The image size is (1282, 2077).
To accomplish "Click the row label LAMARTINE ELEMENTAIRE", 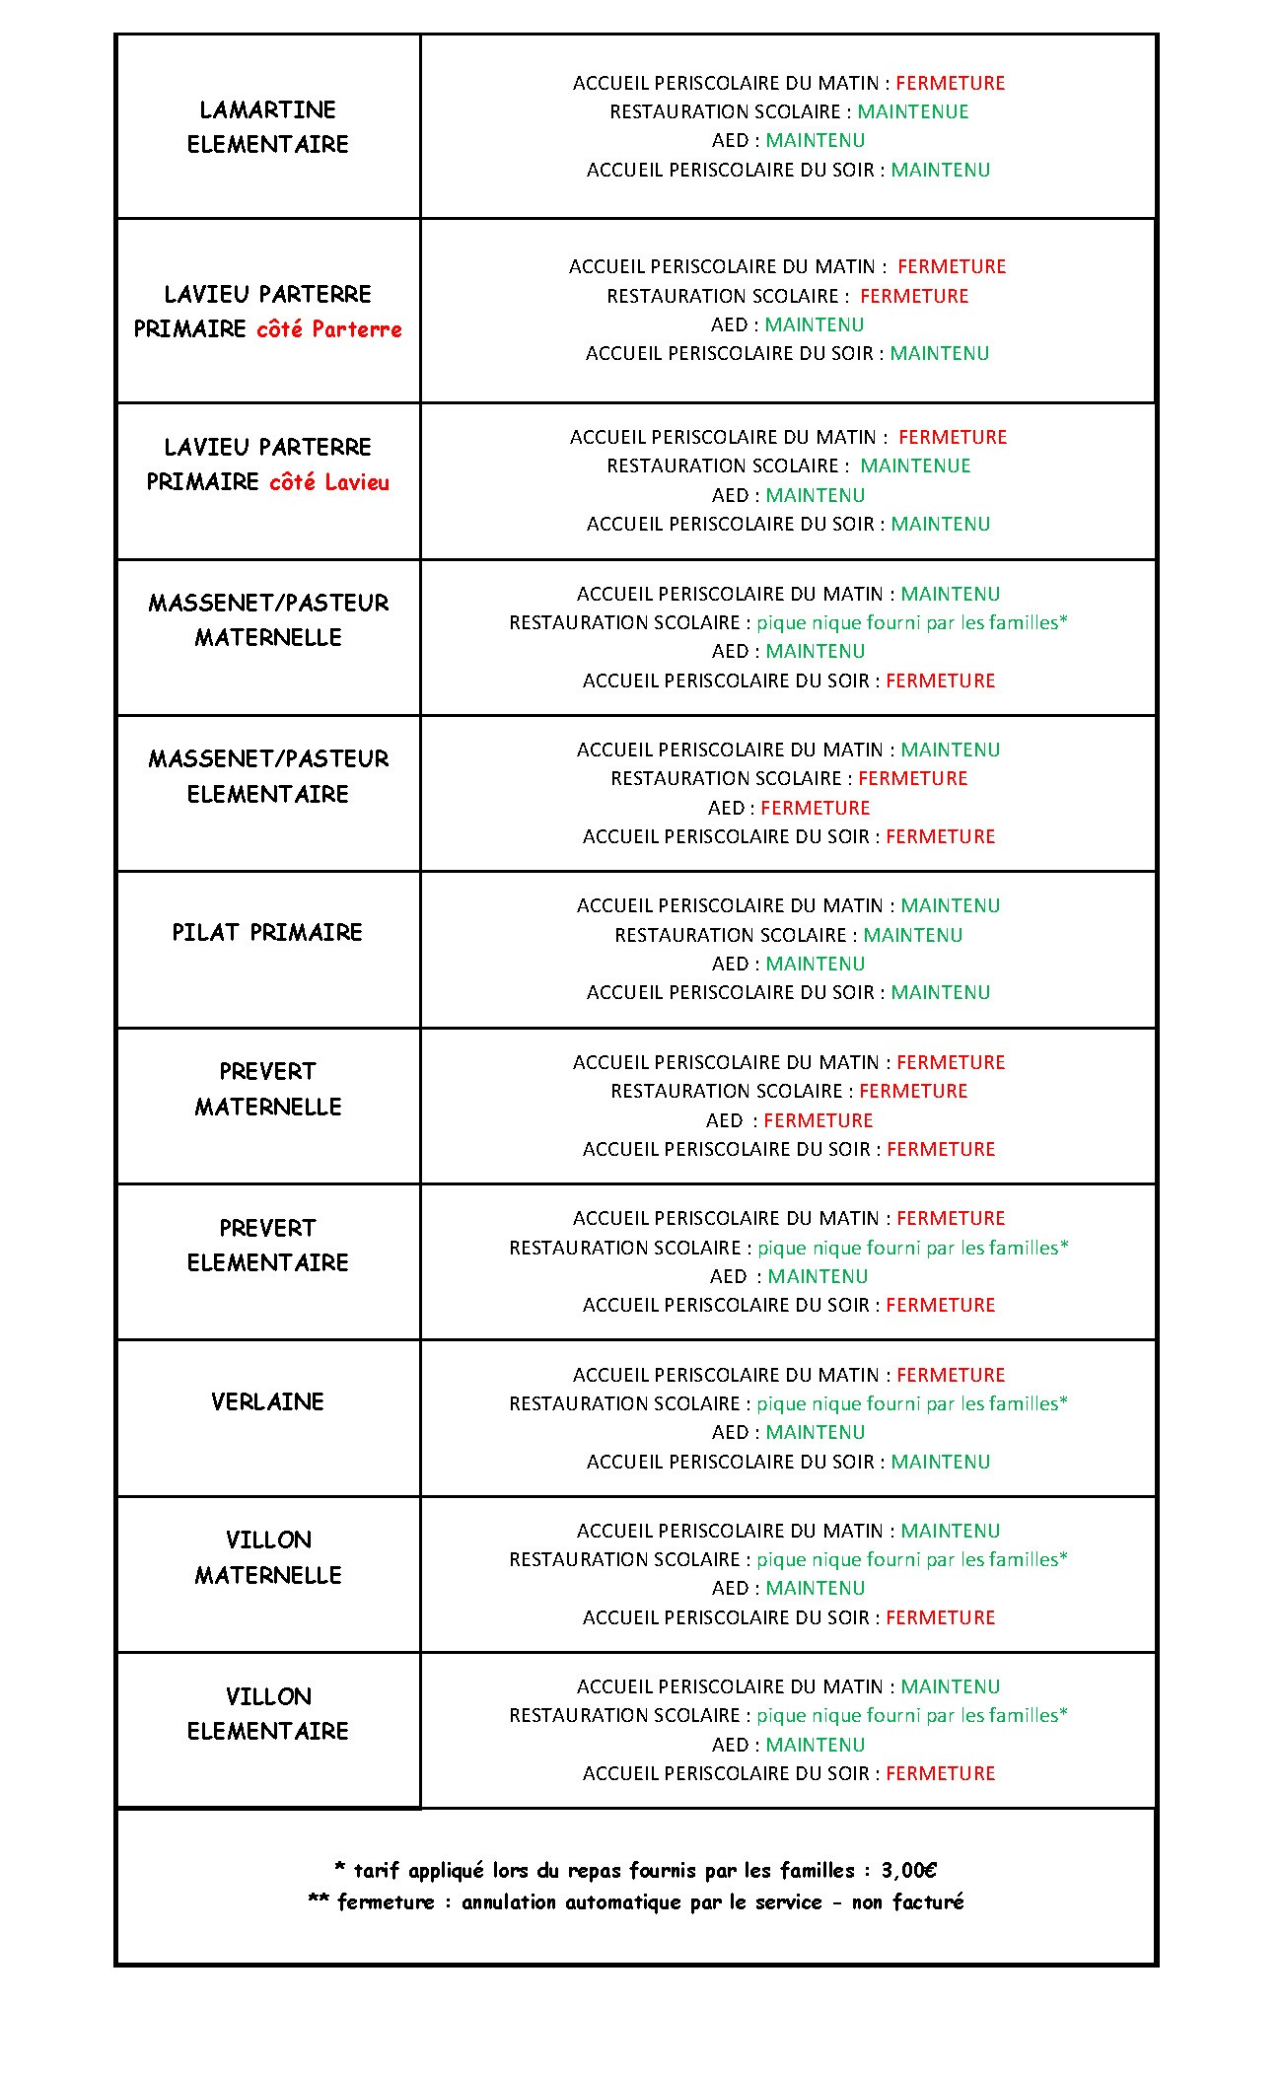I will point(268,127).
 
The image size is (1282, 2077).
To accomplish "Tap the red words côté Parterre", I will point(329,329).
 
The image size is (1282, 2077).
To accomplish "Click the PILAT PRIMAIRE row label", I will point(267,933).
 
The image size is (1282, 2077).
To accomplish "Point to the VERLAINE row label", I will point(267,1402).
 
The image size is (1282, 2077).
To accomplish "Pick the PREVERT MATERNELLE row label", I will point(268,1089).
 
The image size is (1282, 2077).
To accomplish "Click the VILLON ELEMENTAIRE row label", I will point(268,1714).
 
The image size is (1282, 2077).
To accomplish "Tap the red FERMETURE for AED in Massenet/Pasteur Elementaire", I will point(816,809).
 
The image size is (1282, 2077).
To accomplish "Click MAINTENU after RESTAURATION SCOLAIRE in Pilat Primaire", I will point(913,935).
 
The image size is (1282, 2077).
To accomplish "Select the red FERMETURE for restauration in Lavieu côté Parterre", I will point(914,296).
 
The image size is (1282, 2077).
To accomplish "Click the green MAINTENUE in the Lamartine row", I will point(913,112).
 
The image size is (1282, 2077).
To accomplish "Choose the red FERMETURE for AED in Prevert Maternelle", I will point(819,1120).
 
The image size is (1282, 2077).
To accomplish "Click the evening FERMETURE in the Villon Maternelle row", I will point(941,1617).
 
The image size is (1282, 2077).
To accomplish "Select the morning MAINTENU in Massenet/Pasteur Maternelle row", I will point(951,594).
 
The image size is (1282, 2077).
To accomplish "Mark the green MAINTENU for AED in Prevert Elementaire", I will point(819,1276).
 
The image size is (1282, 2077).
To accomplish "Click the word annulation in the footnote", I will point(509,1902).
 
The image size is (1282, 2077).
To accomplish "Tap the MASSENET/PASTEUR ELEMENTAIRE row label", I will point(268,776).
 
